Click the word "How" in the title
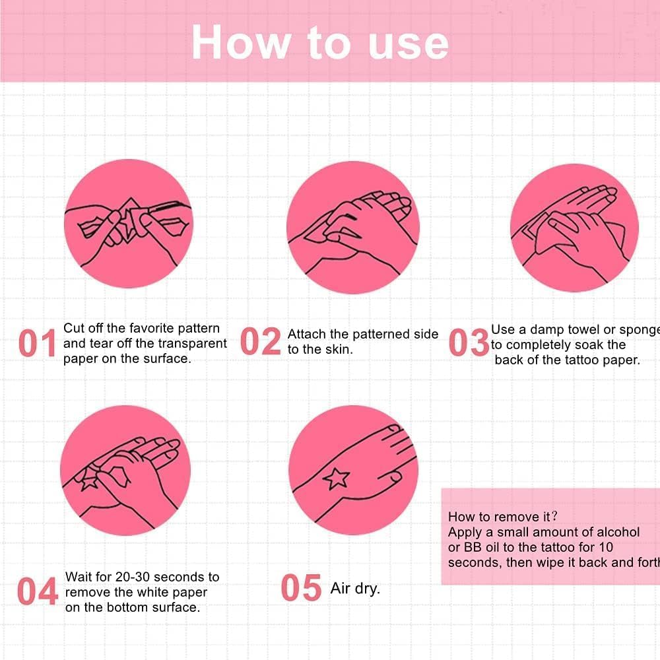tap(241, 42)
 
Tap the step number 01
tap(37, 343)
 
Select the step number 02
tap(261, 341)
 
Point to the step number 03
tap(469, 342)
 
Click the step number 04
tap(38, 591)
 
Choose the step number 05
tap(301, 587)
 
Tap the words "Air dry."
tap(355, 589)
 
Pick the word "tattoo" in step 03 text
tap(581, 360)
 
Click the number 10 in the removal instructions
tap(606, 547)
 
